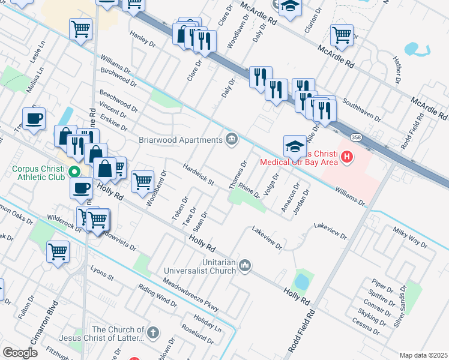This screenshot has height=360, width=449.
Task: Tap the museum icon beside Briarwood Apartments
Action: click(x=231, y=140)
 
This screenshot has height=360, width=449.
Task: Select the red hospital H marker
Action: click(x=346, y=158)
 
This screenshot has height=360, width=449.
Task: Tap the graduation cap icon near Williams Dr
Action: click(x=295, y=146)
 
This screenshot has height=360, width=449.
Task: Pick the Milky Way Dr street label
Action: click(x=409, y=237)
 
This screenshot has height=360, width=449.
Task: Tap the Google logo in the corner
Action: click(x=20, y=353)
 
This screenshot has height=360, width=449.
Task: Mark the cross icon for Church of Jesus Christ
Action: click(x=153, y=332)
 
